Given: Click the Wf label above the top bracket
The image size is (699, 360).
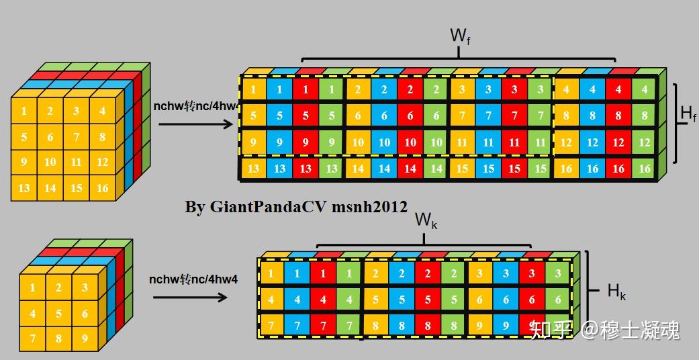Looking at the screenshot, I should tap(459, 35).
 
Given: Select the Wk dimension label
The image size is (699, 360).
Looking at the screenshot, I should tap(426, 220).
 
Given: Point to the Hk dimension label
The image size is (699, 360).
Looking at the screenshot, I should tap(616, 291).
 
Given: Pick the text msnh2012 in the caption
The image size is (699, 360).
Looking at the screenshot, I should tap(370, 207).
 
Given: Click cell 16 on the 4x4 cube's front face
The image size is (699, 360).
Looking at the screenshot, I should tap(102, 188).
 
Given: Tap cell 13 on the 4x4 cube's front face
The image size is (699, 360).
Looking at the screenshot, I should tap(24, 188).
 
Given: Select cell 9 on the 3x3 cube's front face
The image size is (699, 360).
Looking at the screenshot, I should tap(85, 339).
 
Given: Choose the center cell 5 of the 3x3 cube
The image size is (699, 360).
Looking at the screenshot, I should tap(58, 313).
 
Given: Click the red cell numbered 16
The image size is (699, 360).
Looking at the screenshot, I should tap(618, 169).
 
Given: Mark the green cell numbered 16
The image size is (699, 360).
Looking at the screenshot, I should tap(645, 169).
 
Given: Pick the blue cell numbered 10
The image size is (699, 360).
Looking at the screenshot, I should tap(384, 142).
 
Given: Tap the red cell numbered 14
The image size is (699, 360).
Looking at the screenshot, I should tap(410, 169).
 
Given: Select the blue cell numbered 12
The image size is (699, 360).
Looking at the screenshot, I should tap(592, 142).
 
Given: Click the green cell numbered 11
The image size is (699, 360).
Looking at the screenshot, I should tap(540, 142).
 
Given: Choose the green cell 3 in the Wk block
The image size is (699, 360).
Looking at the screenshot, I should tap(557, 273).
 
